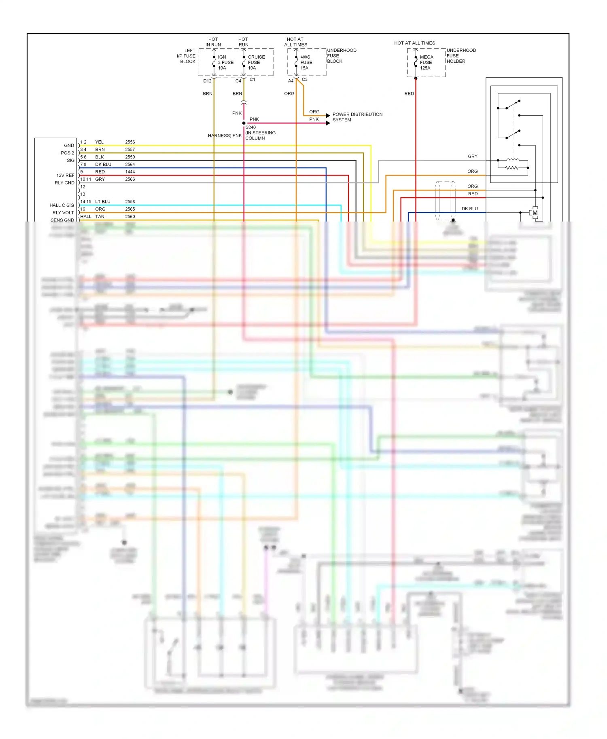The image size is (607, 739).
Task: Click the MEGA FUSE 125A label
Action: coord(426,62)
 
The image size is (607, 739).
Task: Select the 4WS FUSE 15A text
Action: coord(306,62)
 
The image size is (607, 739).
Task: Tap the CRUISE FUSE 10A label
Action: coord(256,62)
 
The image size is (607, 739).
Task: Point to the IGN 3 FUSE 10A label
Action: coord(225,62)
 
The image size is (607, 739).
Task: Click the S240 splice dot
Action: coord(244,123)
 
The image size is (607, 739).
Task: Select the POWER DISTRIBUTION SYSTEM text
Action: coord(357,117)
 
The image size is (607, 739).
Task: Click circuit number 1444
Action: coord(130,172)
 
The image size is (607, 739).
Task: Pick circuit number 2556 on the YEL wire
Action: coord(130,142)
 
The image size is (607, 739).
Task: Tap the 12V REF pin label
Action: coord(65,175)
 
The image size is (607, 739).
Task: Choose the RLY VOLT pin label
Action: coord(63,213)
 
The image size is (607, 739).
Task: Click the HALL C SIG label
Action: coord(62,205)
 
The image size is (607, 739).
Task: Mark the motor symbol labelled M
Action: coord(535,213)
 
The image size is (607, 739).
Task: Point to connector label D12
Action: coord(207,81)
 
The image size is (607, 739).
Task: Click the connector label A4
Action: coord(291,81)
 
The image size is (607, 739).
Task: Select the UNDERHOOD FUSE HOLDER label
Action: coord(461,56)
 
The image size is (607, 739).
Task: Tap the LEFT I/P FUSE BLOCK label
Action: coord(187,56)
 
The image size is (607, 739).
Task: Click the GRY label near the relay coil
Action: coord(472,156)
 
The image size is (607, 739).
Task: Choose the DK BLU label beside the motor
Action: coord(469,209)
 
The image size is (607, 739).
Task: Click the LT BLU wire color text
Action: coord(103,201)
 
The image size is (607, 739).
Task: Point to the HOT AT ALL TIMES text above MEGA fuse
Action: coord(414,43)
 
